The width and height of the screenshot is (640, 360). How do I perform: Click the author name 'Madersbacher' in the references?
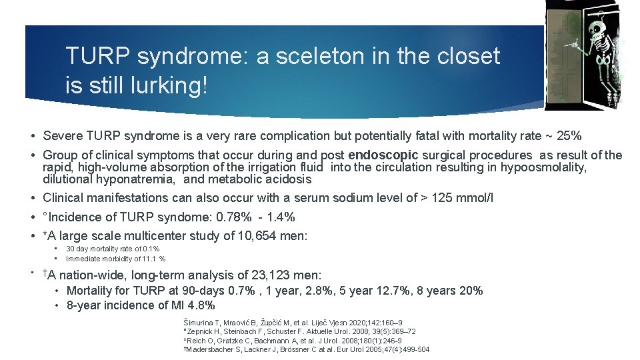tap(212, 349)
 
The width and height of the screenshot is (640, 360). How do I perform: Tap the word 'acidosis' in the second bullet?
tap(289, 179)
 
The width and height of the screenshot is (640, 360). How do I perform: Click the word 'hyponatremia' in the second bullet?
tap(141, 179)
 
